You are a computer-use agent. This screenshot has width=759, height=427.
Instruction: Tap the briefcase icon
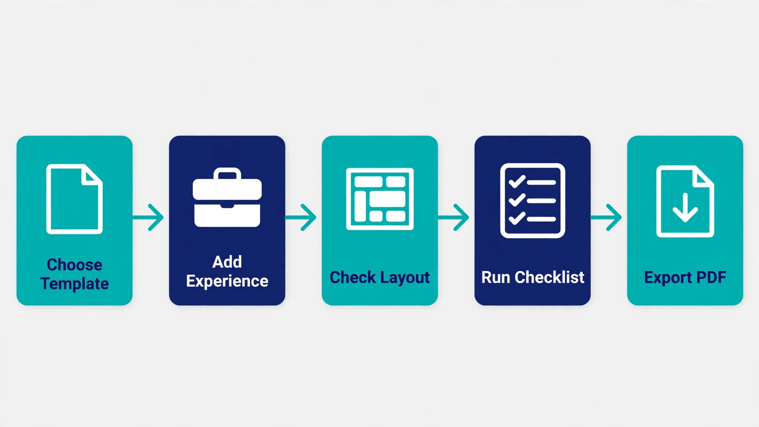227,198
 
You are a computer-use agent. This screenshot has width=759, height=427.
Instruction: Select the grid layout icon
380,199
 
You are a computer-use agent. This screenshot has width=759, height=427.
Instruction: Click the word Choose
74,265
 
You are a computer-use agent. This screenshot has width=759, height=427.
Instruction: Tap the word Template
74,284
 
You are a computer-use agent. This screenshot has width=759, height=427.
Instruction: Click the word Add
227,262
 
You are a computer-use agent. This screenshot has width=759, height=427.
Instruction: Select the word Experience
227,281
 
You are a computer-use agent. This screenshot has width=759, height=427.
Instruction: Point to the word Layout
405,278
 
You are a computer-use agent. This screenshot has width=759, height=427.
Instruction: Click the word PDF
711,277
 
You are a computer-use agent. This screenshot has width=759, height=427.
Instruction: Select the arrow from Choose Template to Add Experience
148,217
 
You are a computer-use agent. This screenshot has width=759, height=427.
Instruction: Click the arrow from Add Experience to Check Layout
301,217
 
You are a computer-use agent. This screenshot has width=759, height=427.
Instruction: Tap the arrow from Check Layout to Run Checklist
453,217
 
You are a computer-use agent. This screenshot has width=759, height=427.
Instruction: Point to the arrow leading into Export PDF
606,217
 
